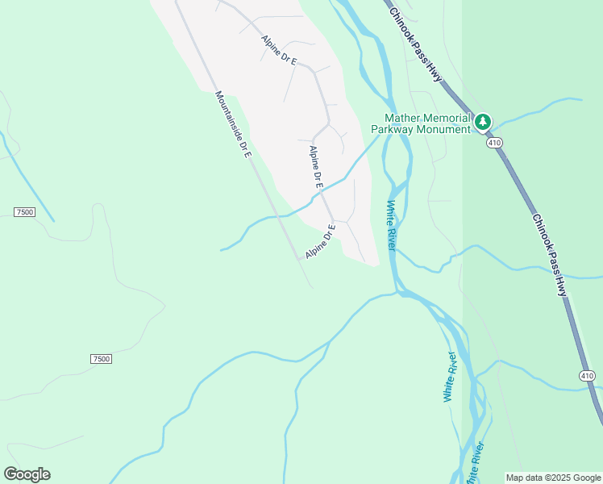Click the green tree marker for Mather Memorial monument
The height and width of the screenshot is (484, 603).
(483, 122)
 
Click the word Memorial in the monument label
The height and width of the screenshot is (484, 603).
(443, 118)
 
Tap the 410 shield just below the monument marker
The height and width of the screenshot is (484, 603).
(494, 143)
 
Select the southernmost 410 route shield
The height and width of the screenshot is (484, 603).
(587, 375)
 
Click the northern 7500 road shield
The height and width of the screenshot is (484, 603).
(24, 211)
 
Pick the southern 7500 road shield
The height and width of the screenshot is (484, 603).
(101, 358)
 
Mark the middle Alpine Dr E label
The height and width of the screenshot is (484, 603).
(316, 167)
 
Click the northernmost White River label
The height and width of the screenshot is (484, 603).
(391, 225)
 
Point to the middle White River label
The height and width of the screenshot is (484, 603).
(450, 377)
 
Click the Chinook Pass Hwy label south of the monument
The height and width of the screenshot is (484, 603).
(550, 255)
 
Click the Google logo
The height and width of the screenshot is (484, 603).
(27, 474)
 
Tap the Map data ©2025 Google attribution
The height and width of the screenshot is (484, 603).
(554, 478)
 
